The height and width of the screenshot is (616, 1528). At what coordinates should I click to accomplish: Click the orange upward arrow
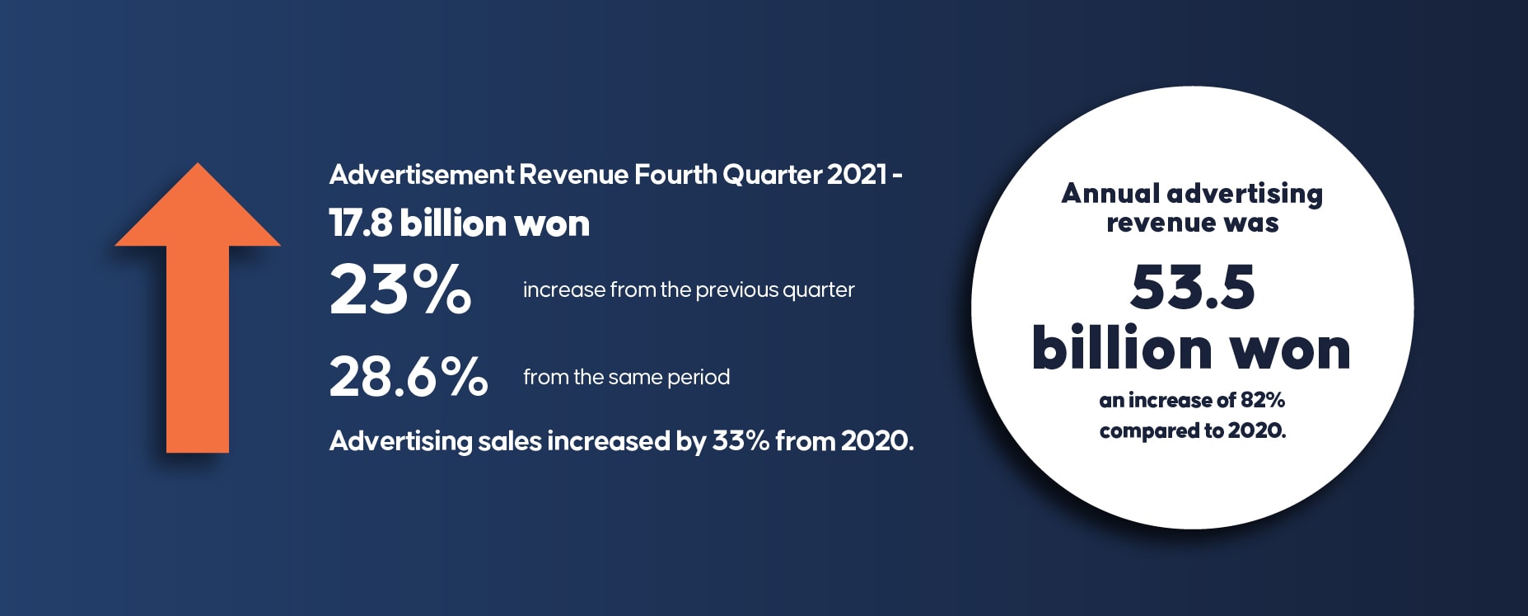click(x=198, y=313)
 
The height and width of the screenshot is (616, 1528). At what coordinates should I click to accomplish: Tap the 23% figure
click(x=400, y=289)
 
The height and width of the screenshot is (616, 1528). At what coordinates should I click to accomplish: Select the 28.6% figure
click(x=409, y=376)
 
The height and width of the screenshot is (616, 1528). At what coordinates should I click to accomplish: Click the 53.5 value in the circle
click(x=1193, y=287)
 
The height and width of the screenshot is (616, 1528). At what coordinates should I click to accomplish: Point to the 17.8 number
click(x=361, y=223)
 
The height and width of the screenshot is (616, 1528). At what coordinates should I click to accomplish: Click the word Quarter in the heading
click(x=772, y=175)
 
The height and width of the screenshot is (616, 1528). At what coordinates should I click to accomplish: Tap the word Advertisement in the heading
click(x=422, y=175)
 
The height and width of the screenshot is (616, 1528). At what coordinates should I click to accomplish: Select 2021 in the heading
click(x=857, y=175)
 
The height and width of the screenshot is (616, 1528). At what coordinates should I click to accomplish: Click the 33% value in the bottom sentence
click(x=741, y=441)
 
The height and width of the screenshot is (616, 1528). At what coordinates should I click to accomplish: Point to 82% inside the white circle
click(x=1263, y=400)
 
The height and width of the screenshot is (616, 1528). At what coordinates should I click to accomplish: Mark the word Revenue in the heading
click(x=574, y=175)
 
